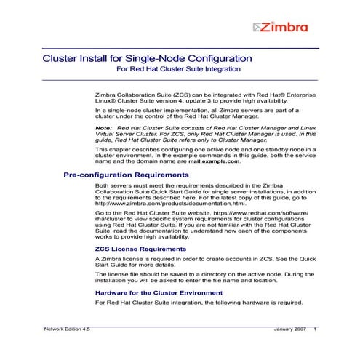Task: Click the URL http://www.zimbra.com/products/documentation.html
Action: point(164,204)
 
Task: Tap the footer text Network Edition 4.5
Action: point(64,330)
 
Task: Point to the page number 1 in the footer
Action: point(315,330)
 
